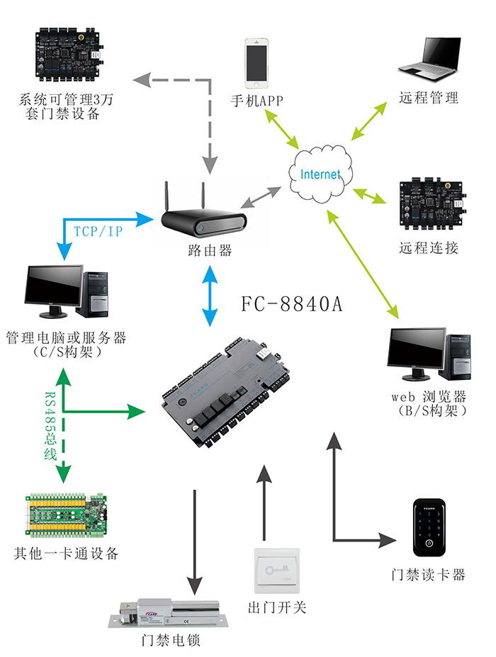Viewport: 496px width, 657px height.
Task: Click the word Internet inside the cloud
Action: click(320, 174)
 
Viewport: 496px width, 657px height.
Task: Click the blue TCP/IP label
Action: click(98, 232)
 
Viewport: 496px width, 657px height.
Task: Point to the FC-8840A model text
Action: click(292, 305)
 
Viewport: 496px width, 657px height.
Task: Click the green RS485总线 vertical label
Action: click(50, 426)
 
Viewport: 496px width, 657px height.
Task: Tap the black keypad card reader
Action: click(432, 529)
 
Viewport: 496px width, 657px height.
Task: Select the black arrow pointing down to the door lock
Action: click(193, 539)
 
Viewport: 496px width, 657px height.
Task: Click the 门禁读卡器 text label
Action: click(429, 575)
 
